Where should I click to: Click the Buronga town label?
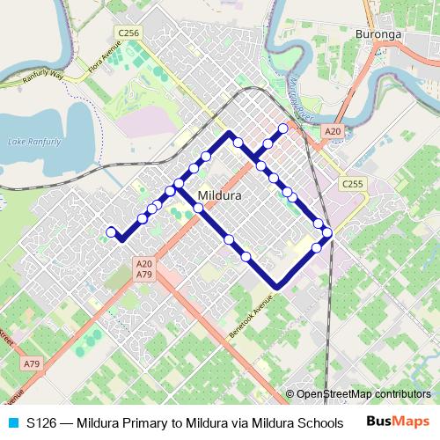tap(378, 35)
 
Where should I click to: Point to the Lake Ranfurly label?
tap(33, 142)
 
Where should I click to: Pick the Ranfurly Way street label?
tap(44, 77)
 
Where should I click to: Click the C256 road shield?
tap(128, 33)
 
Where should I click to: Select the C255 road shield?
tap(353, 183)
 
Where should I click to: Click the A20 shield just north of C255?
tap(332, 131)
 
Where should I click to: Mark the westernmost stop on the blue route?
tap(112, 231)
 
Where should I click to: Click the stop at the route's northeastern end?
tap(283, 128)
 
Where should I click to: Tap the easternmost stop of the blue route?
tap(327, 232)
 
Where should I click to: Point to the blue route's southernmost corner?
tap(277, 287)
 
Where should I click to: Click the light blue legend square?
tap(11, 422)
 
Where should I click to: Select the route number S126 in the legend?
tap(42, 422)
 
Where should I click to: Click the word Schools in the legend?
tap(319, 422)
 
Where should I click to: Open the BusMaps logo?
tap(398, 422)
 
